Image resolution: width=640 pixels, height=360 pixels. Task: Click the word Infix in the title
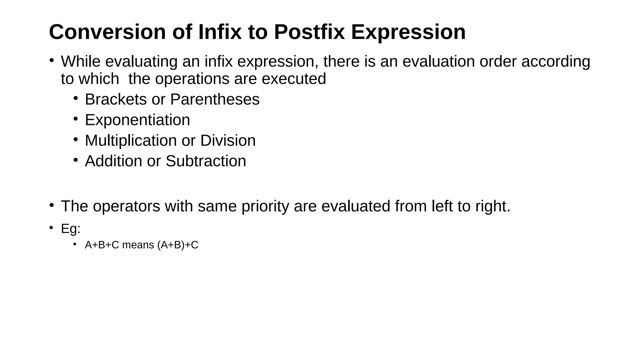tap(220, 32)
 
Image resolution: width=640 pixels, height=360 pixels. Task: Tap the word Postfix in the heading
tap(309, 32)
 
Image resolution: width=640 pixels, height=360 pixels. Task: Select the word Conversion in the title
tap(107, 32)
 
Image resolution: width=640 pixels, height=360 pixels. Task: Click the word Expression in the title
tap(408, 32)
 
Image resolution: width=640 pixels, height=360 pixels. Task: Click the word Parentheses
tap(215, 99)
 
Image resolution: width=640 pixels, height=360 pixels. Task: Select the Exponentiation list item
tap(137, 120)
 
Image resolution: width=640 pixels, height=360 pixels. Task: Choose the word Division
tap(228, 141)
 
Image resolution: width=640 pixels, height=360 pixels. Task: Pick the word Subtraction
tap(206, 161)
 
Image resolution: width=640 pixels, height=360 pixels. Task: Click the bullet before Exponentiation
tap(75, 119)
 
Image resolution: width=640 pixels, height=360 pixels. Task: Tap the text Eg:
tap(71, 229)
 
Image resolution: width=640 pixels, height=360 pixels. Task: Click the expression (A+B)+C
tap(178, 245)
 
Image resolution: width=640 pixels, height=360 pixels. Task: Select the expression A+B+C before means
tap(102, 245)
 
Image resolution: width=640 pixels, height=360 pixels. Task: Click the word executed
tap(294, 79)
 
